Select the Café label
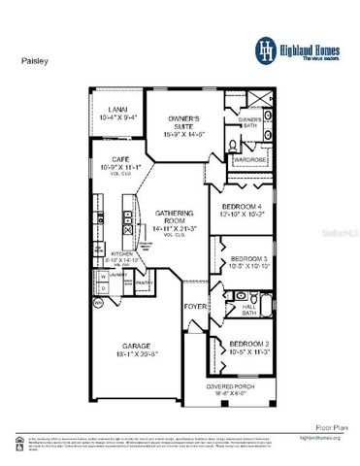[x=122, y=160]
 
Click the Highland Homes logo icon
[x=266, y=48]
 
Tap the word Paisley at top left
[x=34, y=58]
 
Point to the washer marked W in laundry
[x=103, y=276]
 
